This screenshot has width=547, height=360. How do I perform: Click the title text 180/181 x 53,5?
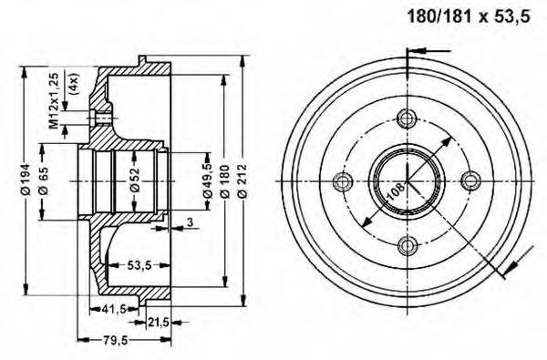click(x=469, y=16)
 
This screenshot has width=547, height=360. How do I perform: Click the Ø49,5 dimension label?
click(x=207, y=180)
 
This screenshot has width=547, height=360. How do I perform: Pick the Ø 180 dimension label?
click(x=225, y=181)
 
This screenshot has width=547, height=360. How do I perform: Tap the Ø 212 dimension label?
click(x=242, y=181)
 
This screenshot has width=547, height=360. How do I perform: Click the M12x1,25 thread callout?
click(x=54, y=101)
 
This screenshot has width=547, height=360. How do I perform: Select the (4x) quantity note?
click(x=75, y=84)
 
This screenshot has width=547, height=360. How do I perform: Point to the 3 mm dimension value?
click(x=190, y=221)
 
